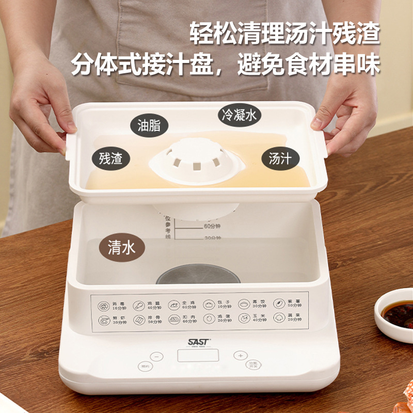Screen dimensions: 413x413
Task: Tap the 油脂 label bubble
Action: tap(149, 125)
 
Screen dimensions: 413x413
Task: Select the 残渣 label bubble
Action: tap(111, 157)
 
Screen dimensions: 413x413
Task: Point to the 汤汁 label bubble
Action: tap(280, 158)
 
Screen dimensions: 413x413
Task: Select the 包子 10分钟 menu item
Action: tap(217, 305)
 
